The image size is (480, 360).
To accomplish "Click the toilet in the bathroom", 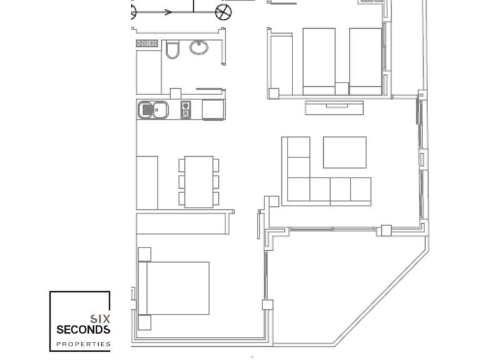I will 172,49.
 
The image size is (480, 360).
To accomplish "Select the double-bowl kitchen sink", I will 153,110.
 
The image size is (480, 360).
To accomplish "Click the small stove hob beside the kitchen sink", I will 186,110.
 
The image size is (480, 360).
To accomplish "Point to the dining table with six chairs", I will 199,182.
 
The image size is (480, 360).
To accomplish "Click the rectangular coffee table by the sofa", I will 344,152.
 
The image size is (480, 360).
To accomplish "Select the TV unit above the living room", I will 334,107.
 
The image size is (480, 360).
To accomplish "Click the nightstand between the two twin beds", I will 341,88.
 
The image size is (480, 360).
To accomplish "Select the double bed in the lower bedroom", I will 174,288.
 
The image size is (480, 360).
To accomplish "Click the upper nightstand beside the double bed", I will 144,254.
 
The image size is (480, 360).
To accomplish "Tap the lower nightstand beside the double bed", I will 144,322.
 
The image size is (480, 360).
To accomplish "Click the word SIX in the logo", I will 101,317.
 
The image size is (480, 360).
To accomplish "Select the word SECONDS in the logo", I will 83,329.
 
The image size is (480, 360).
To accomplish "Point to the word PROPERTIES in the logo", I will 83,344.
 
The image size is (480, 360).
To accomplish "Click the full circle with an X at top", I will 223,12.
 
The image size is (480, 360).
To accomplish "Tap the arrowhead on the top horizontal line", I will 167,12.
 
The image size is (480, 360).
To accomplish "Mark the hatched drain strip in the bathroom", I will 147,43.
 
